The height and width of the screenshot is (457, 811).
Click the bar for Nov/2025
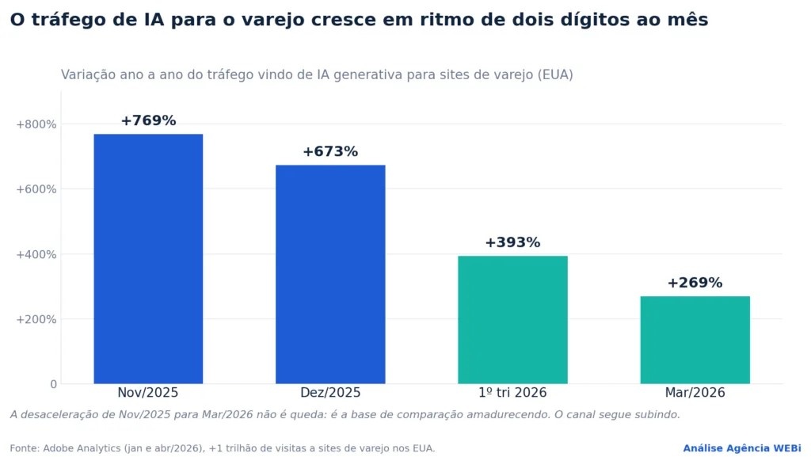pyautogui.click(x=148, y=258)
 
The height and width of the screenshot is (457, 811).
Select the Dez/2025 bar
pyautogui.click(x=330, y=274)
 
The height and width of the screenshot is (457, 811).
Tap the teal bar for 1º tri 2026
pyautogui.click(x=512, y=319)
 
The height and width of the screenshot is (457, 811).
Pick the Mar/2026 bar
pyautogui.click(x=695, y=340)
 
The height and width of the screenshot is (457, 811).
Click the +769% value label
pyautogui.click(x=148, y=120)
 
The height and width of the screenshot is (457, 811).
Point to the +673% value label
pyautogui.click(x=330, y=151)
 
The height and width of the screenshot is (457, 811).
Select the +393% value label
pyautogui.click(x=512, y=242)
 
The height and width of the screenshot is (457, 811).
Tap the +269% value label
pyautogui.click(x=695, y=283)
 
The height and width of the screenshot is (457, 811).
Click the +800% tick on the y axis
pyautogui.click(x=36, y=124)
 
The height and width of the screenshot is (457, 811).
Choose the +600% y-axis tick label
pyautogui.click(x=36, y=189)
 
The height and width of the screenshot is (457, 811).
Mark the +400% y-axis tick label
pyautogui.click(x=36, y=254)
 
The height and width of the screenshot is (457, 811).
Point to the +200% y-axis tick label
pyautogui.click(x=36, y=319)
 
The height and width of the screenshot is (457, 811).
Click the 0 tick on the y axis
pyautogui.click(x=53, y=384)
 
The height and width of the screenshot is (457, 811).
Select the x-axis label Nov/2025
pyautogui.click(x=148, y=392)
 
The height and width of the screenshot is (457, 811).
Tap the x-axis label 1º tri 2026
pyautogui.click(x=512, y=392)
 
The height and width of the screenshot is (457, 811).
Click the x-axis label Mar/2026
pyautogui.click(x=695, y=392)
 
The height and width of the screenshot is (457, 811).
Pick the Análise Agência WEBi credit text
pyautogui.click(x=742, y=448)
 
